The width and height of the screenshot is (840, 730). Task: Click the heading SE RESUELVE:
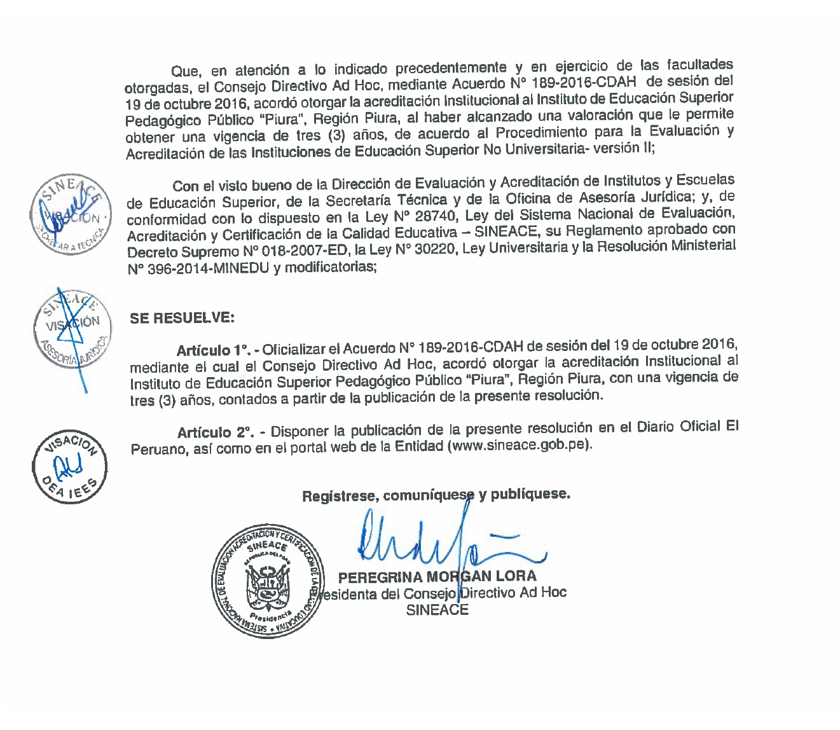click(182, 318)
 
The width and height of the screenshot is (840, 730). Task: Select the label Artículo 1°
click(212, 350)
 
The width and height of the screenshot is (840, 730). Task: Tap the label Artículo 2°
click(214, 433)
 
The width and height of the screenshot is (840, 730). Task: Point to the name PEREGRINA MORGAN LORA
click(437, 577)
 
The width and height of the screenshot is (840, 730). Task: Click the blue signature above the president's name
click(445, 544)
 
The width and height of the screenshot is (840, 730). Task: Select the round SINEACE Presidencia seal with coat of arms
click(268, 582)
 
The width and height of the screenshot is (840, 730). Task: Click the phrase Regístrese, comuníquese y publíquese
click(436, 495)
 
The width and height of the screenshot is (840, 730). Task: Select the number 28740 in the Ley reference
click(436, 216)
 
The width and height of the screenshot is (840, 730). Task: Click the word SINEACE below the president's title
click(437, 610)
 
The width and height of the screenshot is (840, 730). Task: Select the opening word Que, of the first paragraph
click(185, 72)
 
